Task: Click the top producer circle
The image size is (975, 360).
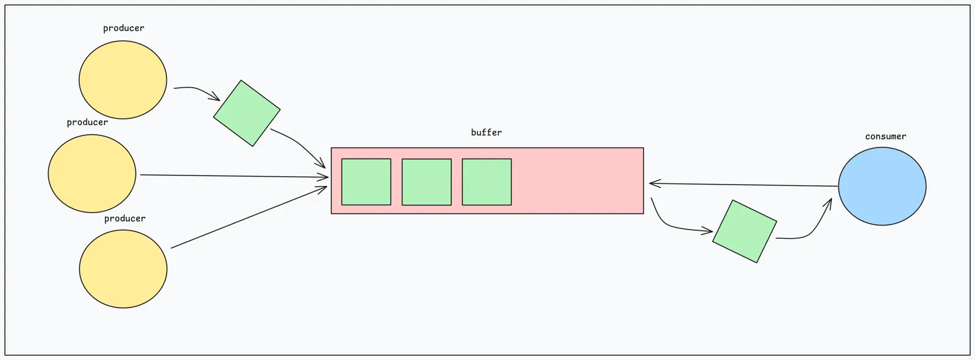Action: [122, 80]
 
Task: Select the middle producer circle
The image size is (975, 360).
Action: [92, 173]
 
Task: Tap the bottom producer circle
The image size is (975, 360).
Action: [123, 269]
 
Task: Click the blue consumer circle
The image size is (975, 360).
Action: [882, 186]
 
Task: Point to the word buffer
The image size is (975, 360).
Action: [486, 132]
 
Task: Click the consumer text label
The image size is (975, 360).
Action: [885, 136]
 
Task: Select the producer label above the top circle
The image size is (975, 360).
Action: [124, 28]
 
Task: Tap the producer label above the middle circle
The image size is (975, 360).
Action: [88, 122]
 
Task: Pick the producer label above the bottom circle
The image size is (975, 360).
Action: [124, 219]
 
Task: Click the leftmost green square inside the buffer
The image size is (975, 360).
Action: [366, 182]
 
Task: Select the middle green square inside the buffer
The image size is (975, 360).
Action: [427, 182]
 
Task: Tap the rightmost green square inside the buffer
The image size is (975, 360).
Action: [487, 182]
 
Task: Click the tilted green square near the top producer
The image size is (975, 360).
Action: [247, 113]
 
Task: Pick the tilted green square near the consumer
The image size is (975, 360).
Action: [745, 231]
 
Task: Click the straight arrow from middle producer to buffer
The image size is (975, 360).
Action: [234, 176]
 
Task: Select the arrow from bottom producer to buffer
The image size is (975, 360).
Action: [249, 217]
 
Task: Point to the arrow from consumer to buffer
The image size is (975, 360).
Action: [743, 185]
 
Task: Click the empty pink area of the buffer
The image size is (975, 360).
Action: [577, 181]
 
